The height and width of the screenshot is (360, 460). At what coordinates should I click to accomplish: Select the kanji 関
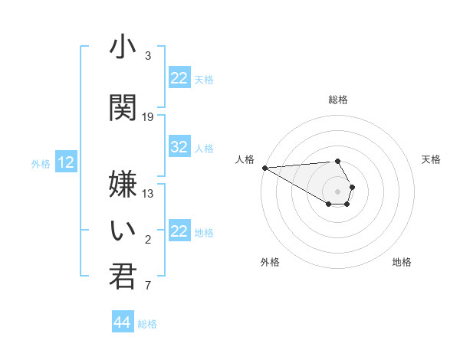[x=123, y=108]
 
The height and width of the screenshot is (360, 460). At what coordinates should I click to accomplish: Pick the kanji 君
[x=123, y=277]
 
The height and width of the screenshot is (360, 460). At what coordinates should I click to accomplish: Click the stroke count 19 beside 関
[x=148, y=117]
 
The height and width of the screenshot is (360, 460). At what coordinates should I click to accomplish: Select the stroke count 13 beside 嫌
[x=148, y=194]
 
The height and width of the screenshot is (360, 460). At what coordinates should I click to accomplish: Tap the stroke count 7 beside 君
[x=148, y=286]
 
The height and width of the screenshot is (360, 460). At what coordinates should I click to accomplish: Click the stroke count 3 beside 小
[x=148, y=56]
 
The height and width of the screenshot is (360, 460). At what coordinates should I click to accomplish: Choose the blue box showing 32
[x=179, y=147]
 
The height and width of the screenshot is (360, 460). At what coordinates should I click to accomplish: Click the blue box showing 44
[x=123, y=322]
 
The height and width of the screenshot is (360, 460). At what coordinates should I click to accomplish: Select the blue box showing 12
[x=66, y=162]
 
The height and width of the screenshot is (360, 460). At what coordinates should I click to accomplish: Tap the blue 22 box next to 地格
[x=179, y=231]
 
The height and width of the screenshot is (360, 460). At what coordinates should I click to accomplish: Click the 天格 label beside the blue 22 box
[x=204, y=79]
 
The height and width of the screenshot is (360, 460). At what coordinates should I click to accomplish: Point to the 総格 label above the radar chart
[x=338, y=100]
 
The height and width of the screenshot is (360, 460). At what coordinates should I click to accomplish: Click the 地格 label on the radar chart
[x=402, y=262]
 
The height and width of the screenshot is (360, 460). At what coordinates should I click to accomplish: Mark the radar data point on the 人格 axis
[x=264, y=167]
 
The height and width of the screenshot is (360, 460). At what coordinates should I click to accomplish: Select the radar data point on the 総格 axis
[x=337, y=162]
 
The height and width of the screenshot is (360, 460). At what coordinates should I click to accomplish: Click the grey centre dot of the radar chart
[x=337, y=191]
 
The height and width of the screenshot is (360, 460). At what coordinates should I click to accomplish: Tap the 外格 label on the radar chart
[x=270, y=262]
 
